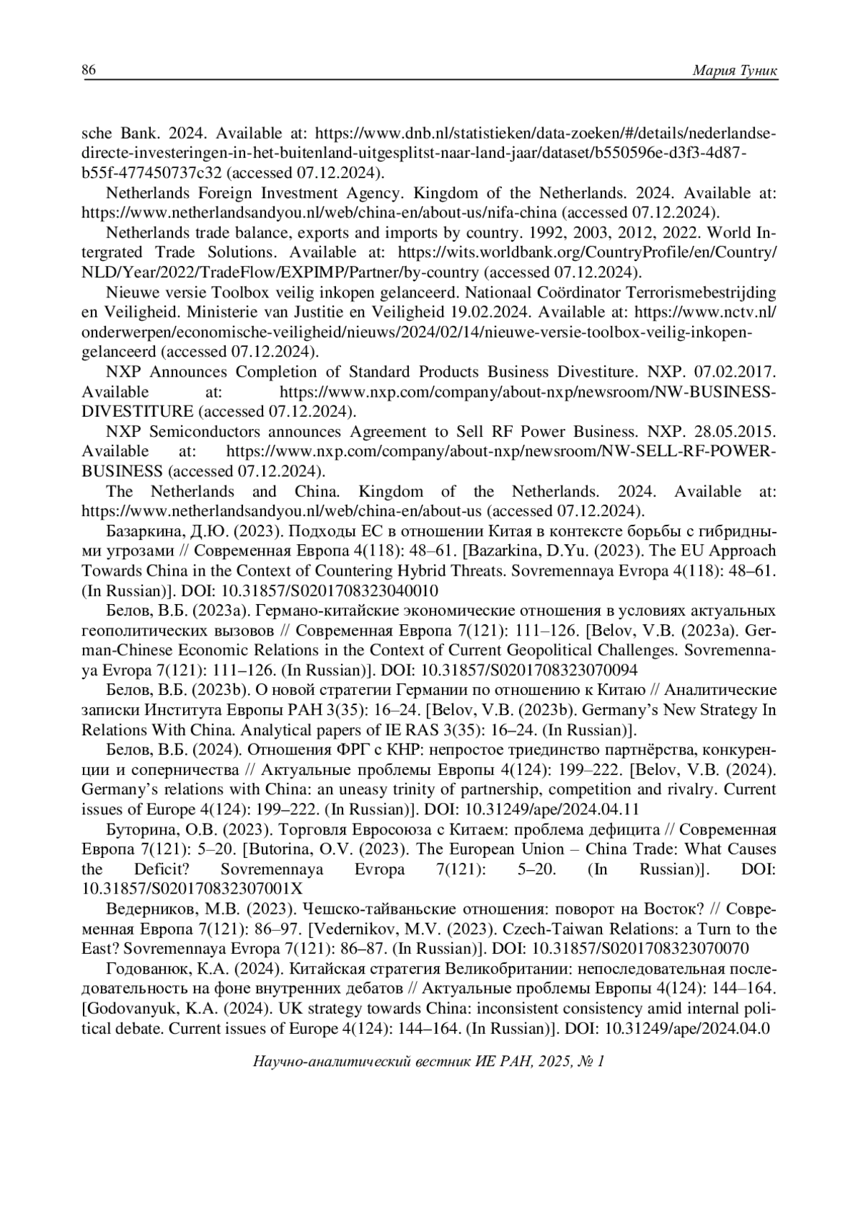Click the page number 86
(89, 70)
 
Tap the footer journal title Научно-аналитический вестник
(362, 1061)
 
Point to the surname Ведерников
(147, 909)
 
